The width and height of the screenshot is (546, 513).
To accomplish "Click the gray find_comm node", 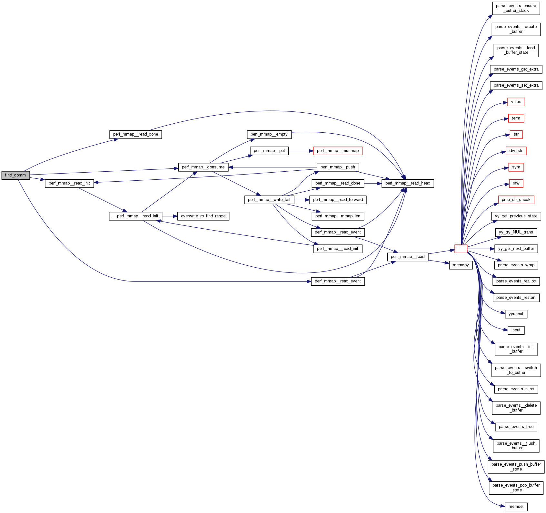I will click(15, 175).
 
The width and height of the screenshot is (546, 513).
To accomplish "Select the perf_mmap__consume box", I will click(203, 167).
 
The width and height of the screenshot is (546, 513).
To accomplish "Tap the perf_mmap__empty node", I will click(269, 134).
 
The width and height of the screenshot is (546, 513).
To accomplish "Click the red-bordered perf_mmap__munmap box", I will click(338, 151).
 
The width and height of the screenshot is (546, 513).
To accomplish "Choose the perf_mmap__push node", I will click(338, 167).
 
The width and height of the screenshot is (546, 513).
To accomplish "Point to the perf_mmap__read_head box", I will click(408, 183).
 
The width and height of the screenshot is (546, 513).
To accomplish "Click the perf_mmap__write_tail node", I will click(269, 200).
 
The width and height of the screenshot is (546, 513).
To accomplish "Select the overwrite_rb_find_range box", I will click(203, 216).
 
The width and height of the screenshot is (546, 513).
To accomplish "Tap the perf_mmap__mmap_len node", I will click(338, 216).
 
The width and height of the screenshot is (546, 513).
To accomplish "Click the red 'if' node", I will click(461, 249).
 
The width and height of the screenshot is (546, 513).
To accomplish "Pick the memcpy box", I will click(461, 265).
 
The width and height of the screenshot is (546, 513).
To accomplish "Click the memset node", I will click(516, 507).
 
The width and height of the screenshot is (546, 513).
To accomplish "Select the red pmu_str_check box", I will click(516, 200).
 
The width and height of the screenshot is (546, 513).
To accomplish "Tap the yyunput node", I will click(516, 314).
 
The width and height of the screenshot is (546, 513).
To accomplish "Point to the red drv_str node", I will click(516, 151).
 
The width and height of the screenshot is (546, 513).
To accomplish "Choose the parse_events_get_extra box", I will click(516, 69).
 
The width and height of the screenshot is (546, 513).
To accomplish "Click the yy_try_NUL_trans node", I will click(516, 232).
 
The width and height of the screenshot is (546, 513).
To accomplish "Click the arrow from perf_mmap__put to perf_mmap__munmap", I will click(301, 151).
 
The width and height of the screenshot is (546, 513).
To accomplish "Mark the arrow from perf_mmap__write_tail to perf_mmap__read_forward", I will click(302, 200).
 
